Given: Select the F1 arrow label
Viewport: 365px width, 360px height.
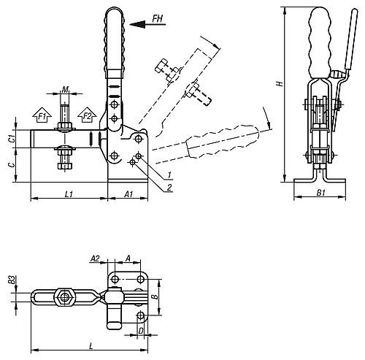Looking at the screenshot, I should (x=42, y=116).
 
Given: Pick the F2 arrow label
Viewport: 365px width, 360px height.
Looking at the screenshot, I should (x=87, y=116).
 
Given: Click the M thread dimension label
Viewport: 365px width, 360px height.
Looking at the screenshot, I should (x=65, y=90).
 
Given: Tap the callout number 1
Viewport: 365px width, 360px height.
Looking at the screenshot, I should (x=169, y=175).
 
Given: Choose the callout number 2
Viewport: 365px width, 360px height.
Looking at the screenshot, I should (x=169, y=188).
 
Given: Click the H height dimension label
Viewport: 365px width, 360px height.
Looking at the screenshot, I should (x=277, y=84).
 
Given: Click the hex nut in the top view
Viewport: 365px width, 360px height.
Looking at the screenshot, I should (x=65, y=297).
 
